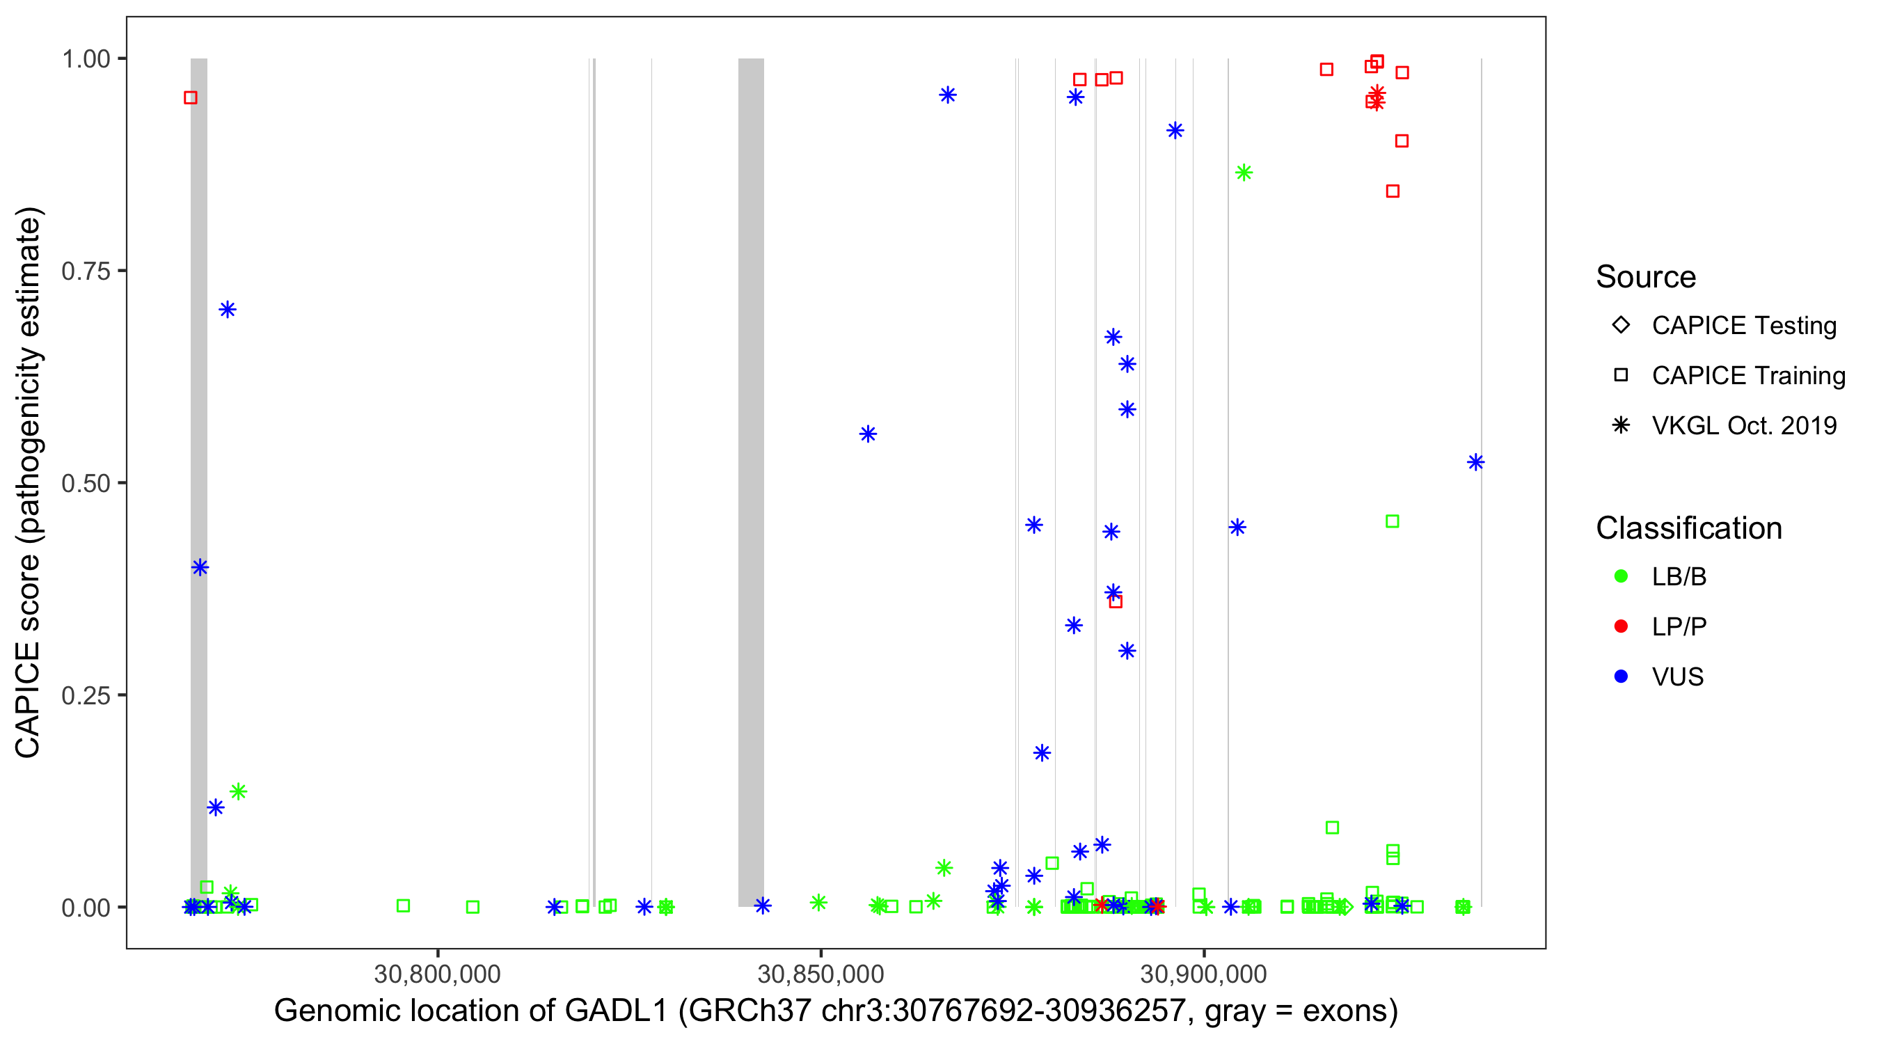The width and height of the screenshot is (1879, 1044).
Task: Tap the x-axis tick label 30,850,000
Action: [x=820, y=974]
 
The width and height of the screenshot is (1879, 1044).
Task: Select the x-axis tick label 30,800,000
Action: [x=438, y=974]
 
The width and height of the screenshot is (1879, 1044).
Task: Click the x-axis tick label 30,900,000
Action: [x=1203, y=974]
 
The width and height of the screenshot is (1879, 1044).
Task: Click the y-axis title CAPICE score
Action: [x=29, y=482]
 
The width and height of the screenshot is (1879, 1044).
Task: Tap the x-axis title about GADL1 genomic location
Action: [x=836, y=1011]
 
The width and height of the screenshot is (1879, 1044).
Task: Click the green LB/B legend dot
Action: [x=1621, y=576]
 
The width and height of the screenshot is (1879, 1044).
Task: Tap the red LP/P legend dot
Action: [x=1621, y=626]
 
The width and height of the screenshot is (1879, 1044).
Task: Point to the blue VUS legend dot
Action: [x=1621, y=677]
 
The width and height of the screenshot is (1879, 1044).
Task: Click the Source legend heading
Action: [x=1646, y=277]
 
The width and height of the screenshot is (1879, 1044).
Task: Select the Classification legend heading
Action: [x=1688, y=528]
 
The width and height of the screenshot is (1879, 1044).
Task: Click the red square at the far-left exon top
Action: [x=191, y=97]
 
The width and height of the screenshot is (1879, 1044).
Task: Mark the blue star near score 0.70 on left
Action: [x=228, y=310]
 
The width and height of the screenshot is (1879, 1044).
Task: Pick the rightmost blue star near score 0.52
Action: [x=1475, y=463]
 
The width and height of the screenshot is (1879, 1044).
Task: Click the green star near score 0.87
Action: [x=1244, y=173]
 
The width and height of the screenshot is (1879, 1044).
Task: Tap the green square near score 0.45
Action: [x=1393, y=521]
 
